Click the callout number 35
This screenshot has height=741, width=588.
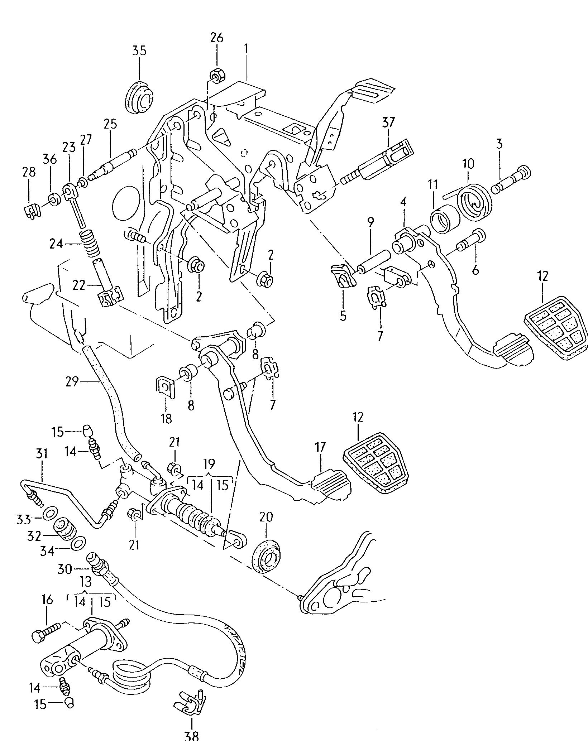[x=139, y=51]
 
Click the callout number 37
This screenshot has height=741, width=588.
[x=388, y=122]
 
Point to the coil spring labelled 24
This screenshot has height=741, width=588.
[x=91, y=245]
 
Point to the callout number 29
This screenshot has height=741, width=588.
[x=72, y=382]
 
